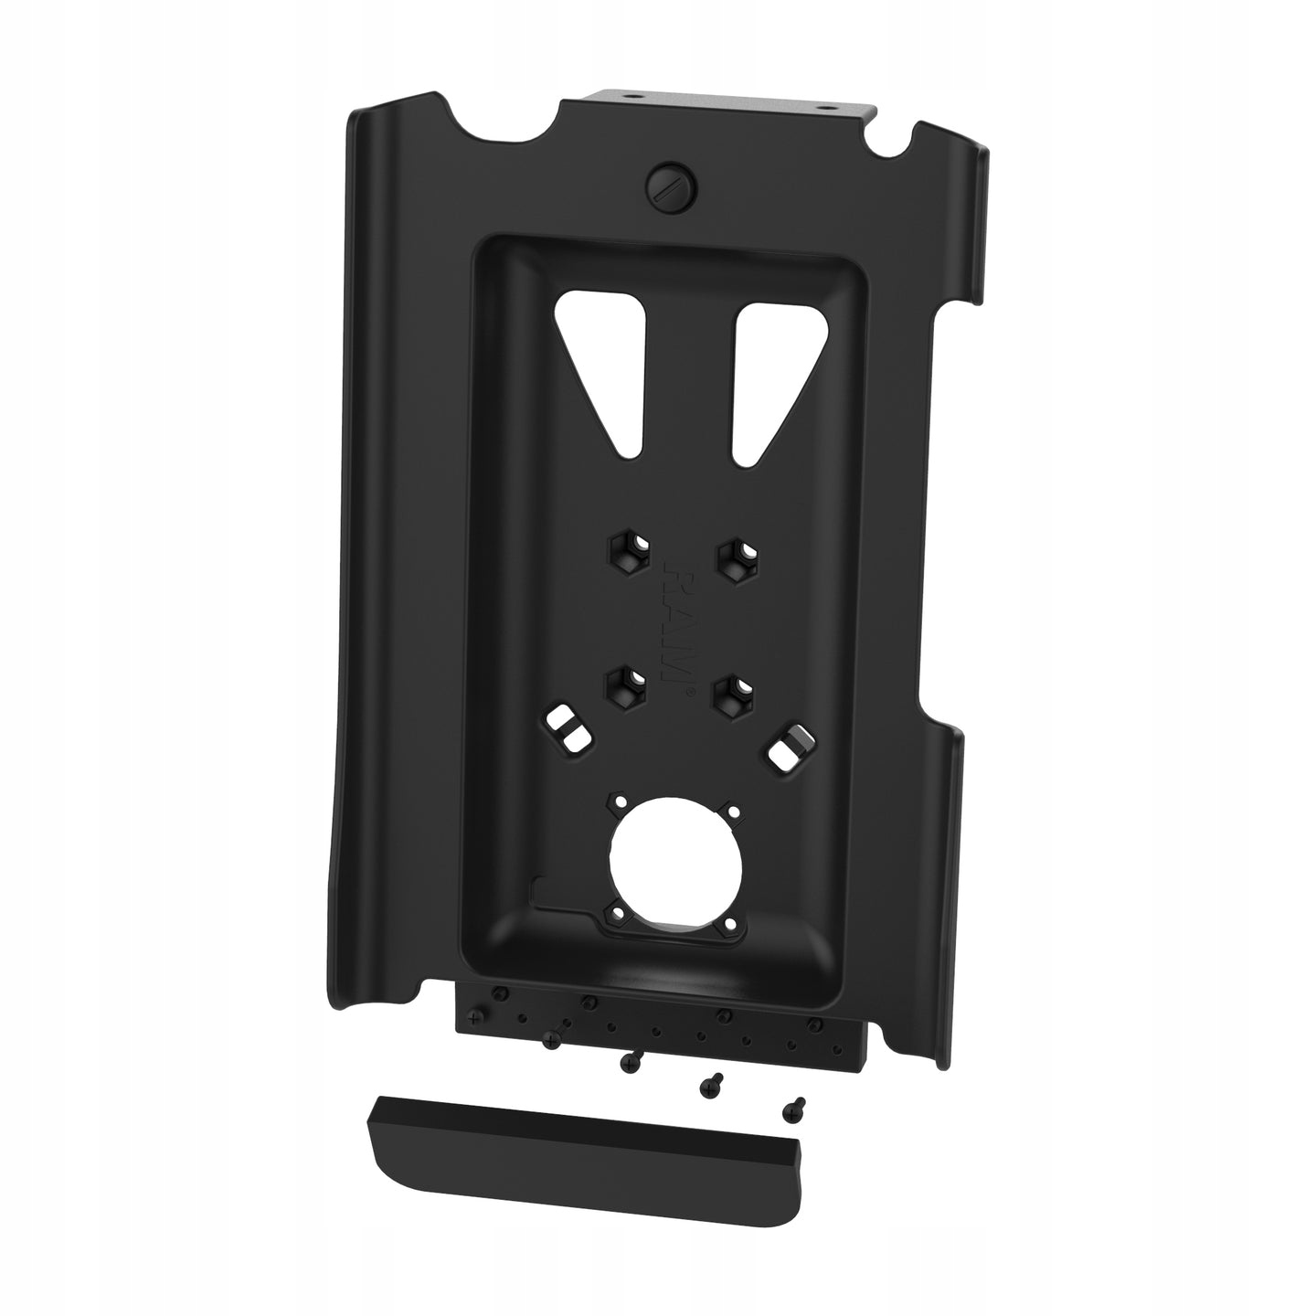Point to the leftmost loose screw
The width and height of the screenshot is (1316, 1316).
coord(551,1040)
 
